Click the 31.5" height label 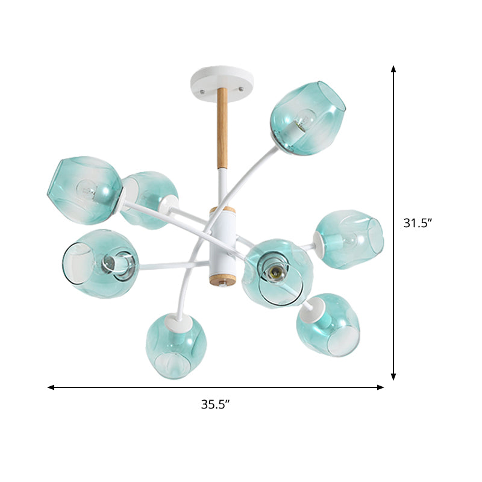pyautogui.click(x=418, y=223)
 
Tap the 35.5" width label pyautogui.click(x=216, y=405)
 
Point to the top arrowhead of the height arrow pyautogui.click(x=393, y=69)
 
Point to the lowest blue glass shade pyautogui.click(x=175, y=346)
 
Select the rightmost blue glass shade pyautogui.click(x=349, y=239)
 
